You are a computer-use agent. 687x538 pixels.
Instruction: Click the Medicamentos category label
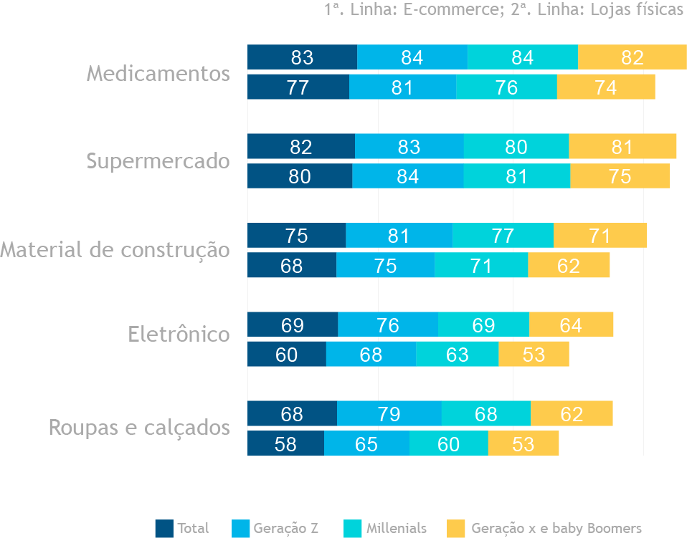tap(158, 74)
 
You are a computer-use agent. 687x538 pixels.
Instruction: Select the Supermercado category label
tap(158, 161)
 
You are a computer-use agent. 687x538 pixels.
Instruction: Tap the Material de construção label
tap(115, 250)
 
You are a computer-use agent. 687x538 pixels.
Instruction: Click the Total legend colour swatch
tap(164, 529)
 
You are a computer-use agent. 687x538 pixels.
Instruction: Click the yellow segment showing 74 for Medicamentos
tap(606, 87)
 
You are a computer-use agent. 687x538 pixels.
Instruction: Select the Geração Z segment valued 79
tap(389, 413)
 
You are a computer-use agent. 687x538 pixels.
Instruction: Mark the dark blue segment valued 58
tap(285, 443)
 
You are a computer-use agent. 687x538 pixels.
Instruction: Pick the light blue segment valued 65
tap(366, 443)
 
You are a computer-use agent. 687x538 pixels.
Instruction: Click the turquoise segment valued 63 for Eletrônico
tap(457, 354)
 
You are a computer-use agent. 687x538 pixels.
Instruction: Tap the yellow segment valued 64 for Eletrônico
tap(571, 325)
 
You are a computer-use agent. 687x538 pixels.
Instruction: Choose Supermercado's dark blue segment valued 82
tap(301, 147)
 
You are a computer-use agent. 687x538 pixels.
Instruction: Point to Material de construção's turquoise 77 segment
tap(503, 236)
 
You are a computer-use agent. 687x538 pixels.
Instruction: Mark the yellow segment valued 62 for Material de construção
tap(569, 265)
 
